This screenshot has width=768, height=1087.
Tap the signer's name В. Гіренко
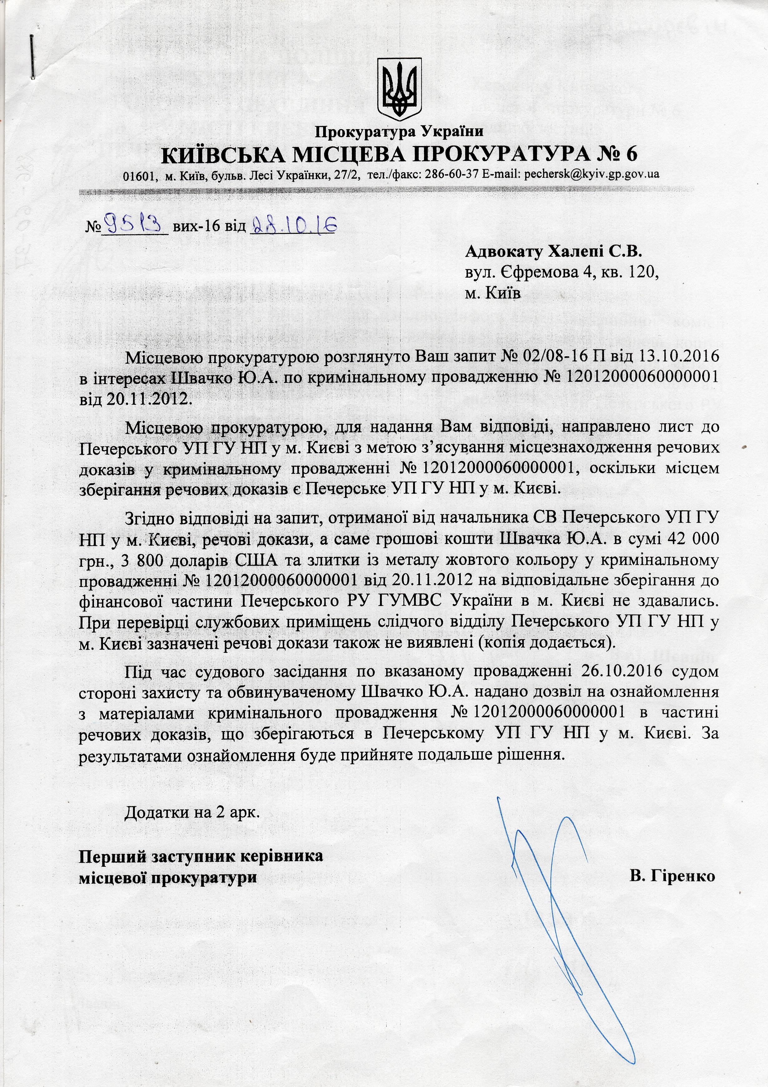click(x=672, y=876)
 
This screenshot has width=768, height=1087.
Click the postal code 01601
click(x=140, y=175)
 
